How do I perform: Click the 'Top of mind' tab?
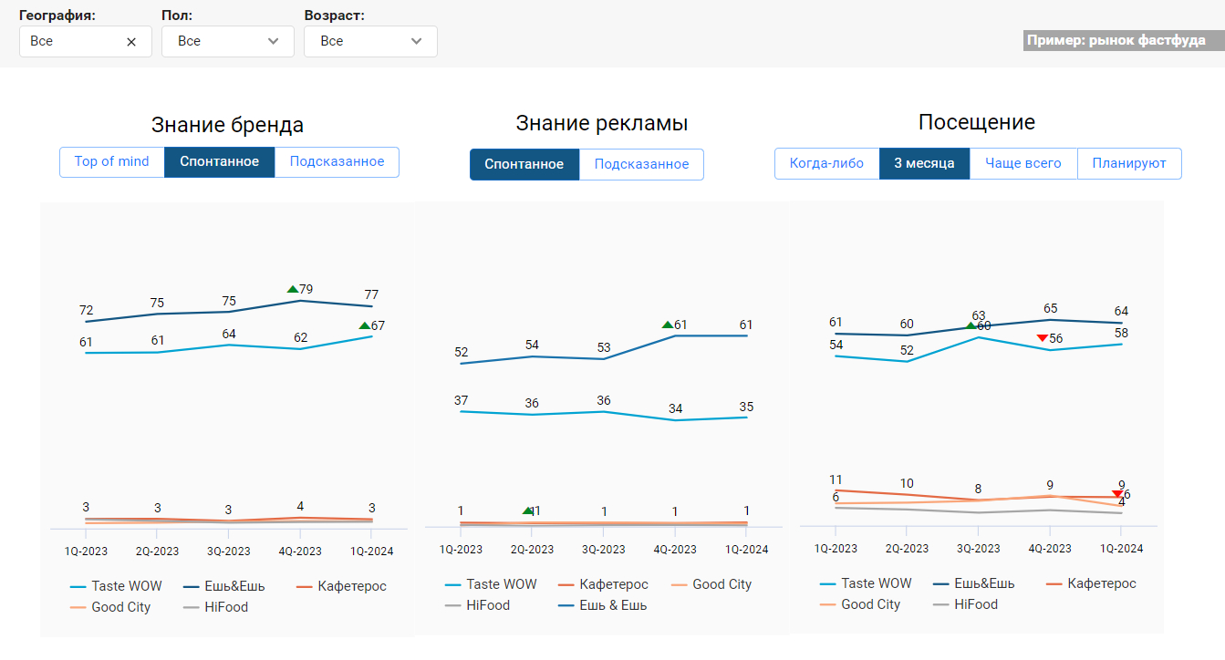coord(111,162)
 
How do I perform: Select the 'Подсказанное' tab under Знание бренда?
coord(337,162)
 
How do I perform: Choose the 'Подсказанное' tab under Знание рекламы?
coord(641,165)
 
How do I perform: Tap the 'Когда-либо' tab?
coord(826,164)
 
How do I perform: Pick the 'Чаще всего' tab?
coord(1023,164)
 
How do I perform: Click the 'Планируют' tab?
coord(1129,164)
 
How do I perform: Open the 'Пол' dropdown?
coord(227,41)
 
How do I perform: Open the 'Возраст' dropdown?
coord(369,41)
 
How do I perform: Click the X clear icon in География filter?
coord(131,42)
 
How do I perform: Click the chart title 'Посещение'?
coord(976,122)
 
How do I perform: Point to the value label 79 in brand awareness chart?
coord(306,289)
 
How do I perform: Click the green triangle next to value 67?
coord(364,325)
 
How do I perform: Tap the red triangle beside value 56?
coord(1042,338)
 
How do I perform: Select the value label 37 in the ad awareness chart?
coord(461,400)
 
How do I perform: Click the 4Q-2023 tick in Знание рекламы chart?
coord(675,550)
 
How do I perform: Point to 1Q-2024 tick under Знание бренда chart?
coord(371,552)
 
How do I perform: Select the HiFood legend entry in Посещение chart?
coord(975,604)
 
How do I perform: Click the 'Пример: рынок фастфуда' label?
coord(1116,41)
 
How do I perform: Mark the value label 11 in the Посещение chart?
coord(836,480)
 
